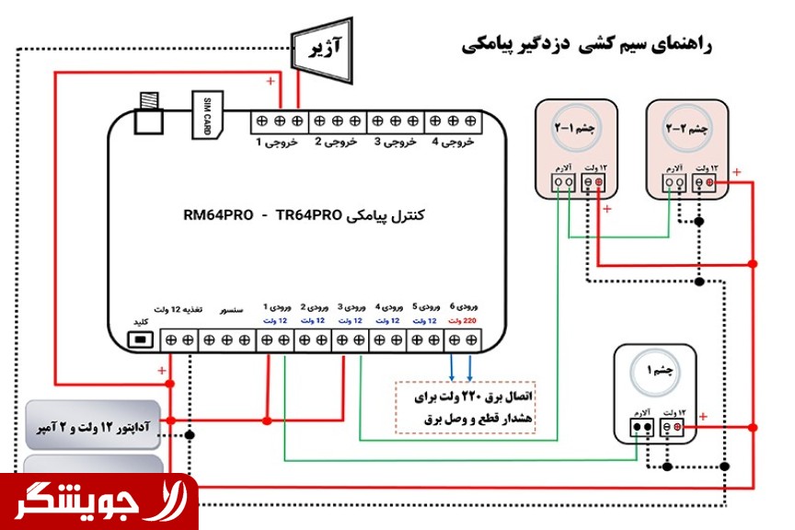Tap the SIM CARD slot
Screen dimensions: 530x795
click(x=206, y=115)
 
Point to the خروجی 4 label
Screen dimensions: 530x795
click(x=452, y=143)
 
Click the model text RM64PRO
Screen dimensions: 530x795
click(x=218, y=215)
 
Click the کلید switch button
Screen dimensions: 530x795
click(x=141, y=340)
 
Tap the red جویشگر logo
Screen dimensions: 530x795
click(x=98, y=501)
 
